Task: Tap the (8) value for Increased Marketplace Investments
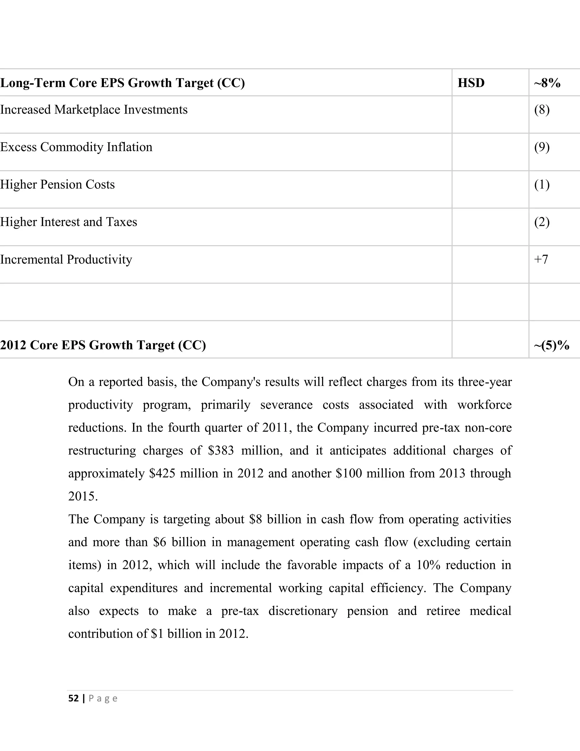point(541,110)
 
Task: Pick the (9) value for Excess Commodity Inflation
point(541,147)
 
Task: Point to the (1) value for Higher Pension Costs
point(541,185)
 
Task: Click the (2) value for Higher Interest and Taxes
point(541,222)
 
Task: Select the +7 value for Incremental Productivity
point(541,259)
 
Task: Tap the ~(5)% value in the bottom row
point(551,345)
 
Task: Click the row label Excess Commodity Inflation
point(76,147)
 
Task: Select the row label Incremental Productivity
point(66,260)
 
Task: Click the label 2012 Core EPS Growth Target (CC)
point(103,345)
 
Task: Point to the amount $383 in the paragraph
point(221,451)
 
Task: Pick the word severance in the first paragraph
point(286,405)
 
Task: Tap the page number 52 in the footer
point(74,698)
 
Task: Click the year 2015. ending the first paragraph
point(83,497)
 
